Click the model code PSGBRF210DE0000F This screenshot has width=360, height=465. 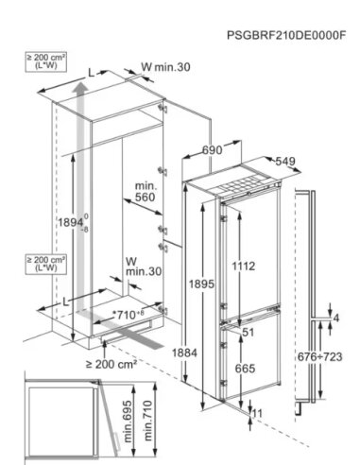click(x=286, y=35)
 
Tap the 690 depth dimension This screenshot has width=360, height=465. click(x=212, y=150)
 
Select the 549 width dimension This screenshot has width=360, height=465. click(x=285, y=162)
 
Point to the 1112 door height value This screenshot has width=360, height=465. click(x=244, y=267)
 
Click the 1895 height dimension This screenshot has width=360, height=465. click(x=201, y=284)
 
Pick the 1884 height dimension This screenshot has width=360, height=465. click(x=184, y=353)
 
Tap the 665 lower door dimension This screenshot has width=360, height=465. click(x=245, y=369)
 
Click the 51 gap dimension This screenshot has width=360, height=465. click(x=249, y=332)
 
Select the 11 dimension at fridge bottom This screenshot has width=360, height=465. click(x=258, y=413)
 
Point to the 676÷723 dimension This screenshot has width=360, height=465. click(x=319, y=357)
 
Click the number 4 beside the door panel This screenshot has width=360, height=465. click(x=336, y=319)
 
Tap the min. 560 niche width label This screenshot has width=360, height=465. click(x=146, y=192)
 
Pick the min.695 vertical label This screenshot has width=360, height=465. click(x=128, y=422)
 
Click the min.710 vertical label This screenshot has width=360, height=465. click(x=147, y=421)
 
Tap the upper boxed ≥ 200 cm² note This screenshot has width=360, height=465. click(x=46, y=61)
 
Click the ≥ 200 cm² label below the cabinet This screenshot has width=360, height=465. click(x=111, y=365)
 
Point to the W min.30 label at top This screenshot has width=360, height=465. click(x=165, y=67)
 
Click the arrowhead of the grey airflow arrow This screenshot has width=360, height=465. click(x=81, y=87)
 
